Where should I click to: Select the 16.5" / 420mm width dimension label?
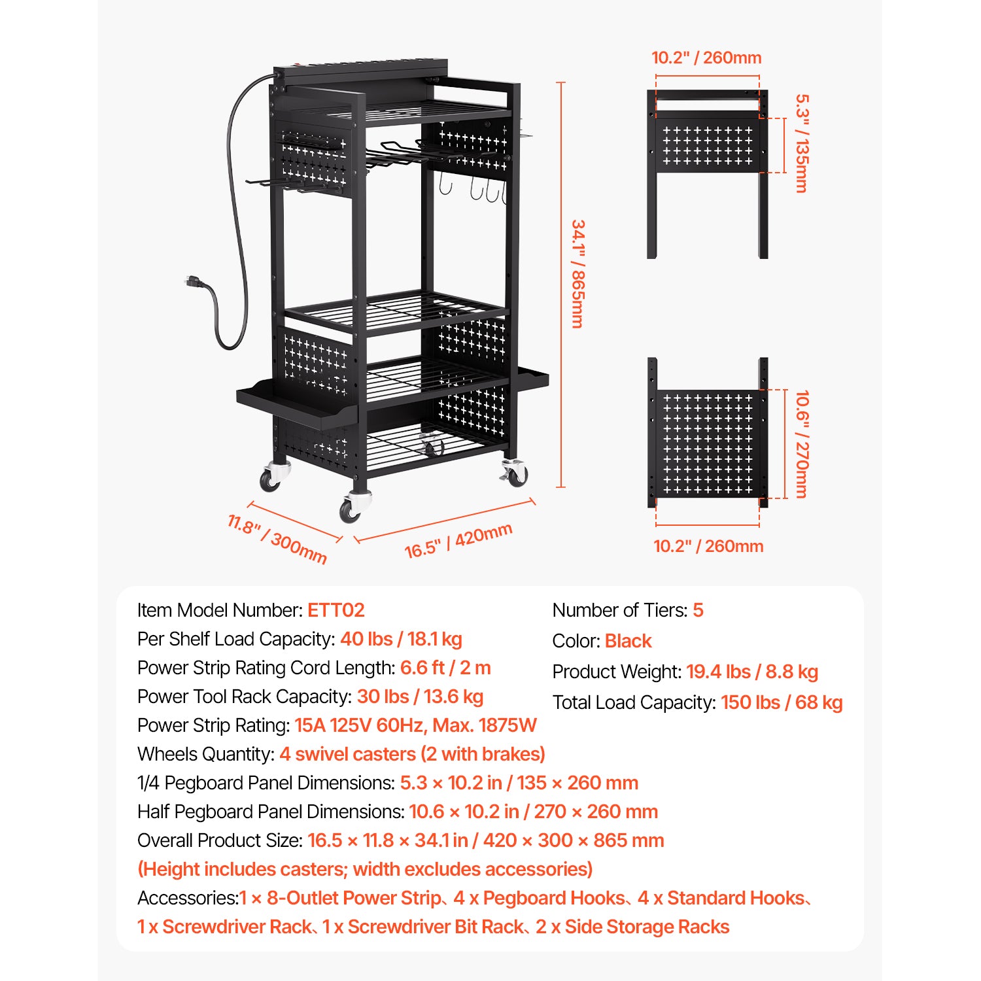tap(458, 541)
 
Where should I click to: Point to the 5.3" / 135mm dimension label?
tap(802, 143)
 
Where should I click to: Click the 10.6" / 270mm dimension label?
tap(802, 444)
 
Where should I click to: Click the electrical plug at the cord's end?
tap(195, 283)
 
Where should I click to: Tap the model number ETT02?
tap(336, 610)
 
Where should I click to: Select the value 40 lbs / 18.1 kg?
tap(401, 639)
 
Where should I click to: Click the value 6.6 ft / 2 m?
tap(445, 668)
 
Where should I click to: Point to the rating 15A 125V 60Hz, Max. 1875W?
tap(415, 725)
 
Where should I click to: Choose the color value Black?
tap(628, 641)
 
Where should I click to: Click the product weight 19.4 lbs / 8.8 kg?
tap(752, 672)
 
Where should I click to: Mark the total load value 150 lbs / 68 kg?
tap(782, 702)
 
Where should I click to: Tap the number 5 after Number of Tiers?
tap(698, 610)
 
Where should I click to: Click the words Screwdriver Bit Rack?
tap(436, 927)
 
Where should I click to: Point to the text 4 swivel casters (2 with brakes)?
tap(412, 754)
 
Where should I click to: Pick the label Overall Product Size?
tap(220, 840)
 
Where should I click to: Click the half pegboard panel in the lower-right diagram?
tap(708, 444)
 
